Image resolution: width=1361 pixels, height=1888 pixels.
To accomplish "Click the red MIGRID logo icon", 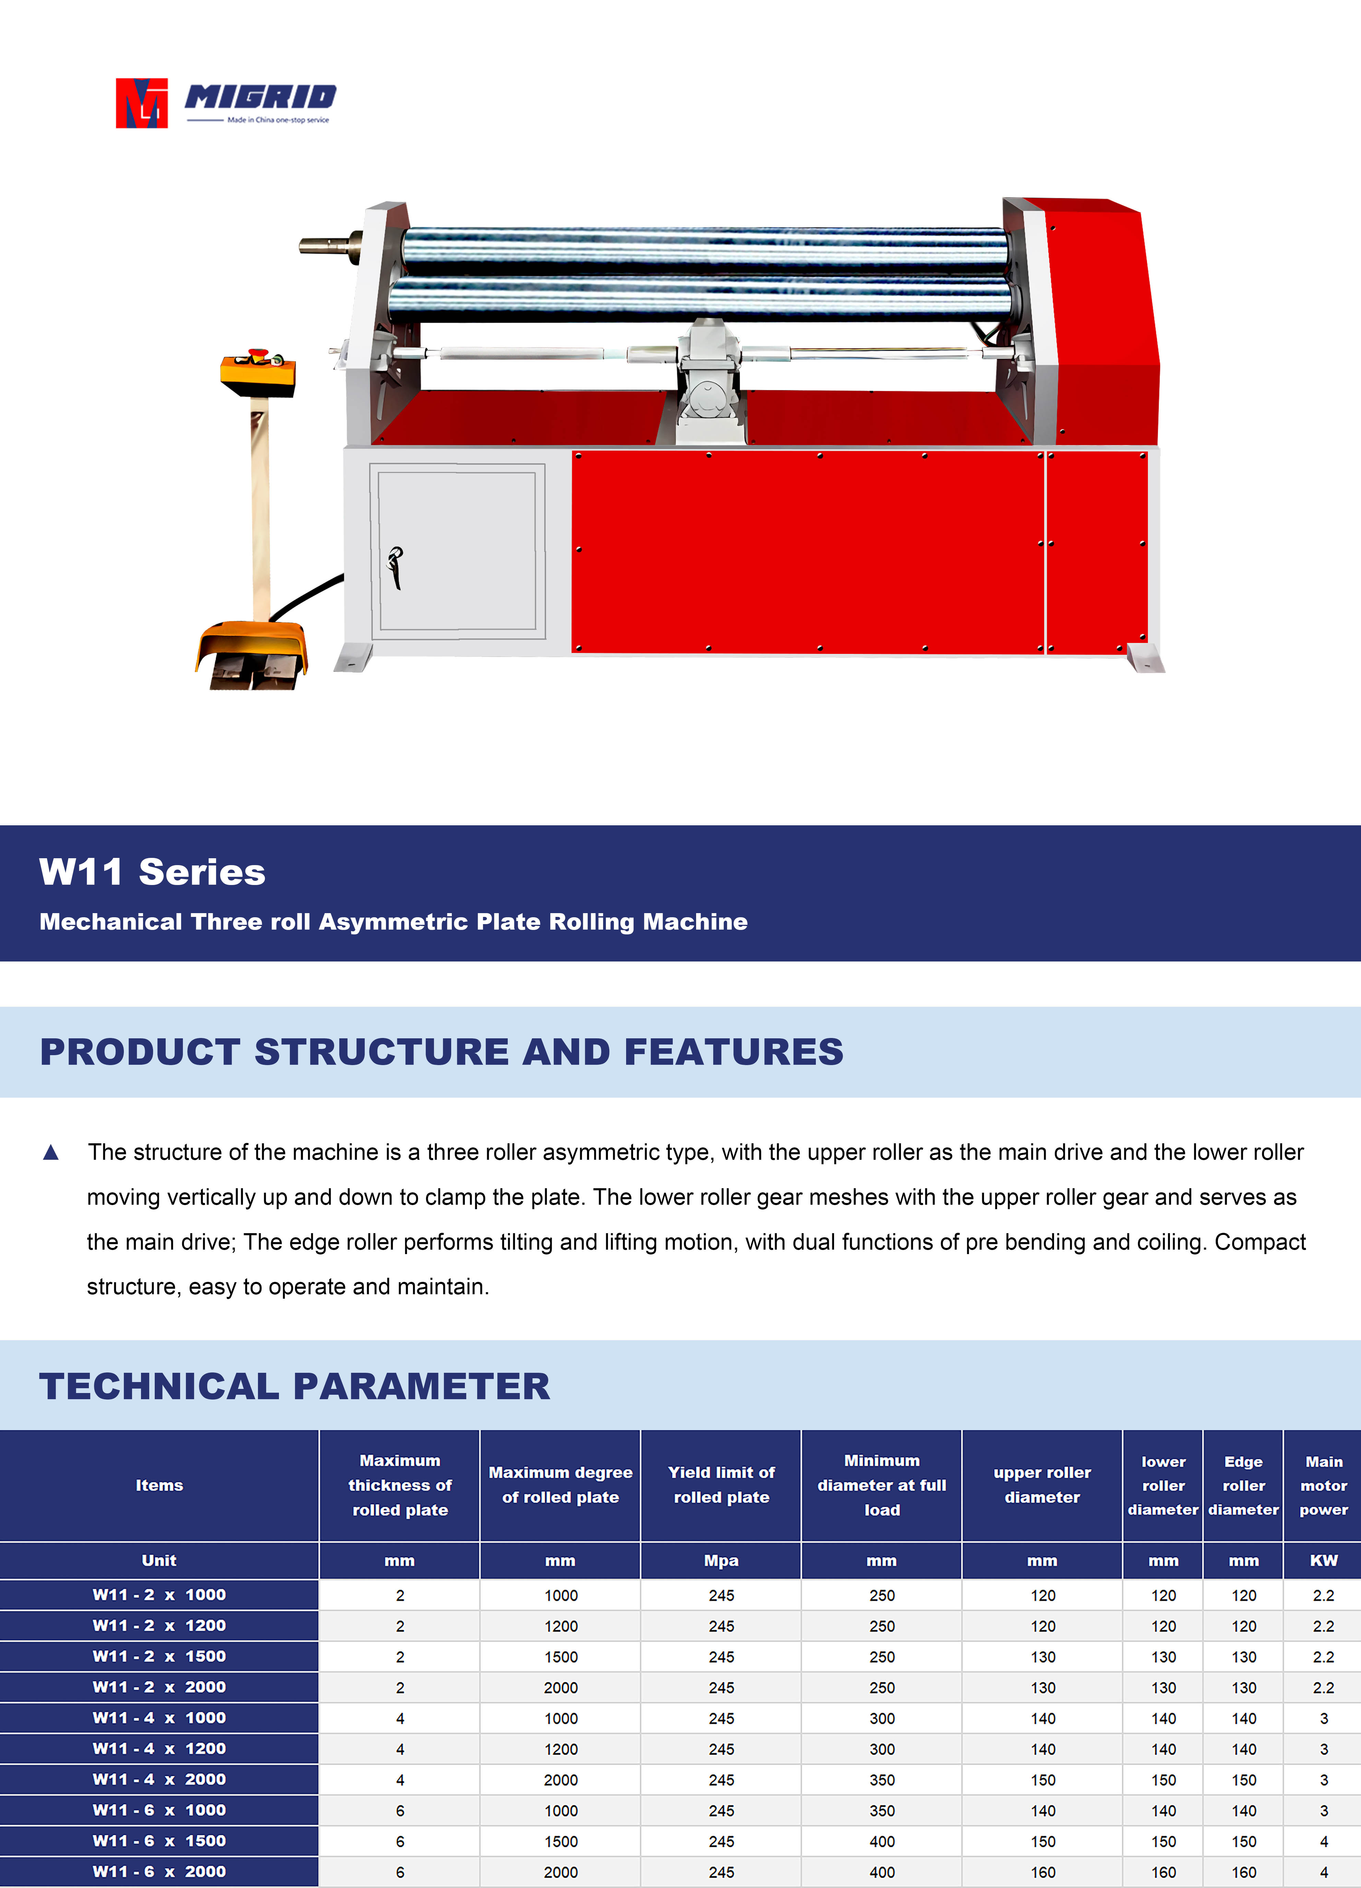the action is (141, 103).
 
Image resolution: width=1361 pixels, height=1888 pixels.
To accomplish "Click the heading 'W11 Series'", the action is (152, 872).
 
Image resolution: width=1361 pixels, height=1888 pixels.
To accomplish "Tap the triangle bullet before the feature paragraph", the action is (51, 1152).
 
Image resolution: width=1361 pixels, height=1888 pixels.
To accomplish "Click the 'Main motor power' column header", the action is (1324, 1485).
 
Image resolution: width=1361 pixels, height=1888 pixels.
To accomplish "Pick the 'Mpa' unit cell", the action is (721, 1560).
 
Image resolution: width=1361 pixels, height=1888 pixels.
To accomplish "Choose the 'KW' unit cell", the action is (1324, 1560).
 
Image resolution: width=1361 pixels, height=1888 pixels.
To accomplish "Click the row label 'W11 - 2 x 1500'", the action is (159, 1656).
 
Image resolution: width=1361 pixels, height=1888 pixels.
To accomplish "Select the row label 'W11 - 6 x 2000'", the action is (159, 1871).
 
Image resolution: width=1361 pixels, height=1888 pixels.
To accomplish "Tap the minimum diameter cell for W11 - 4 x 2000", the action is (881, 1780).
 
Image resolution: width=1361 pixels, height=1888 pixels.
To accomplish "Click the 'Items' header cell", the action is (159, 1485).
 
